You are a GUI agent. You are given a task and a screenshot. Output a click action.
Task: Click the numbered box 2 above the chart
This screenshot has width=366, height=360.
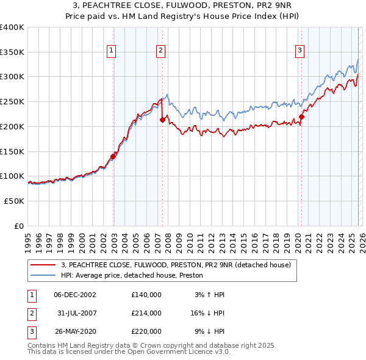[160, 51]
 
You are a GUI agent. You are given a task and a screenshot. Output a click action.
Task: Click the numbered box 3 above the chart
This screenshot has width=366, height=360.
[300, 51]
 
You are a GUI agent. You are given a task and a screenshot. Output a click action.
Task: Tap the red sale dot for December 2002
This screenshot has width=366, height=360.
[113, 156]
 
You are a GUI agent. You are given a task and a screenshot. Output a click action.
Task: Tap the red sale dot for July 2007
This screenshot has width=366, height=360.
[163, 120]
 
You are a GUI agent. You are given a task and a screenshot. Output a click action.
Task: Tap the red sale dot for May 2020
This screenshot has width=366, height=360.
[301, 117]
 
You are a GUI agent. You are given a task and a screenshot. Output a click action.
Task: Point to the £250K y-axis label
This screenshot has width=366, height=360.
[12, 102]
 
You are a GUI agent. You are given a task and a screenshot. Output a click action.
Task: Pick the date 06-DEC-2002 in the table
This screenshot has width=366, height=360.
[75, 295]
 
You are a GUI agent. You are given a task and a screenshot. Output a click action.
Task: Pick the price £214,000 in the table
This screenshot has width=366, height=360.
[146, 313]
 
